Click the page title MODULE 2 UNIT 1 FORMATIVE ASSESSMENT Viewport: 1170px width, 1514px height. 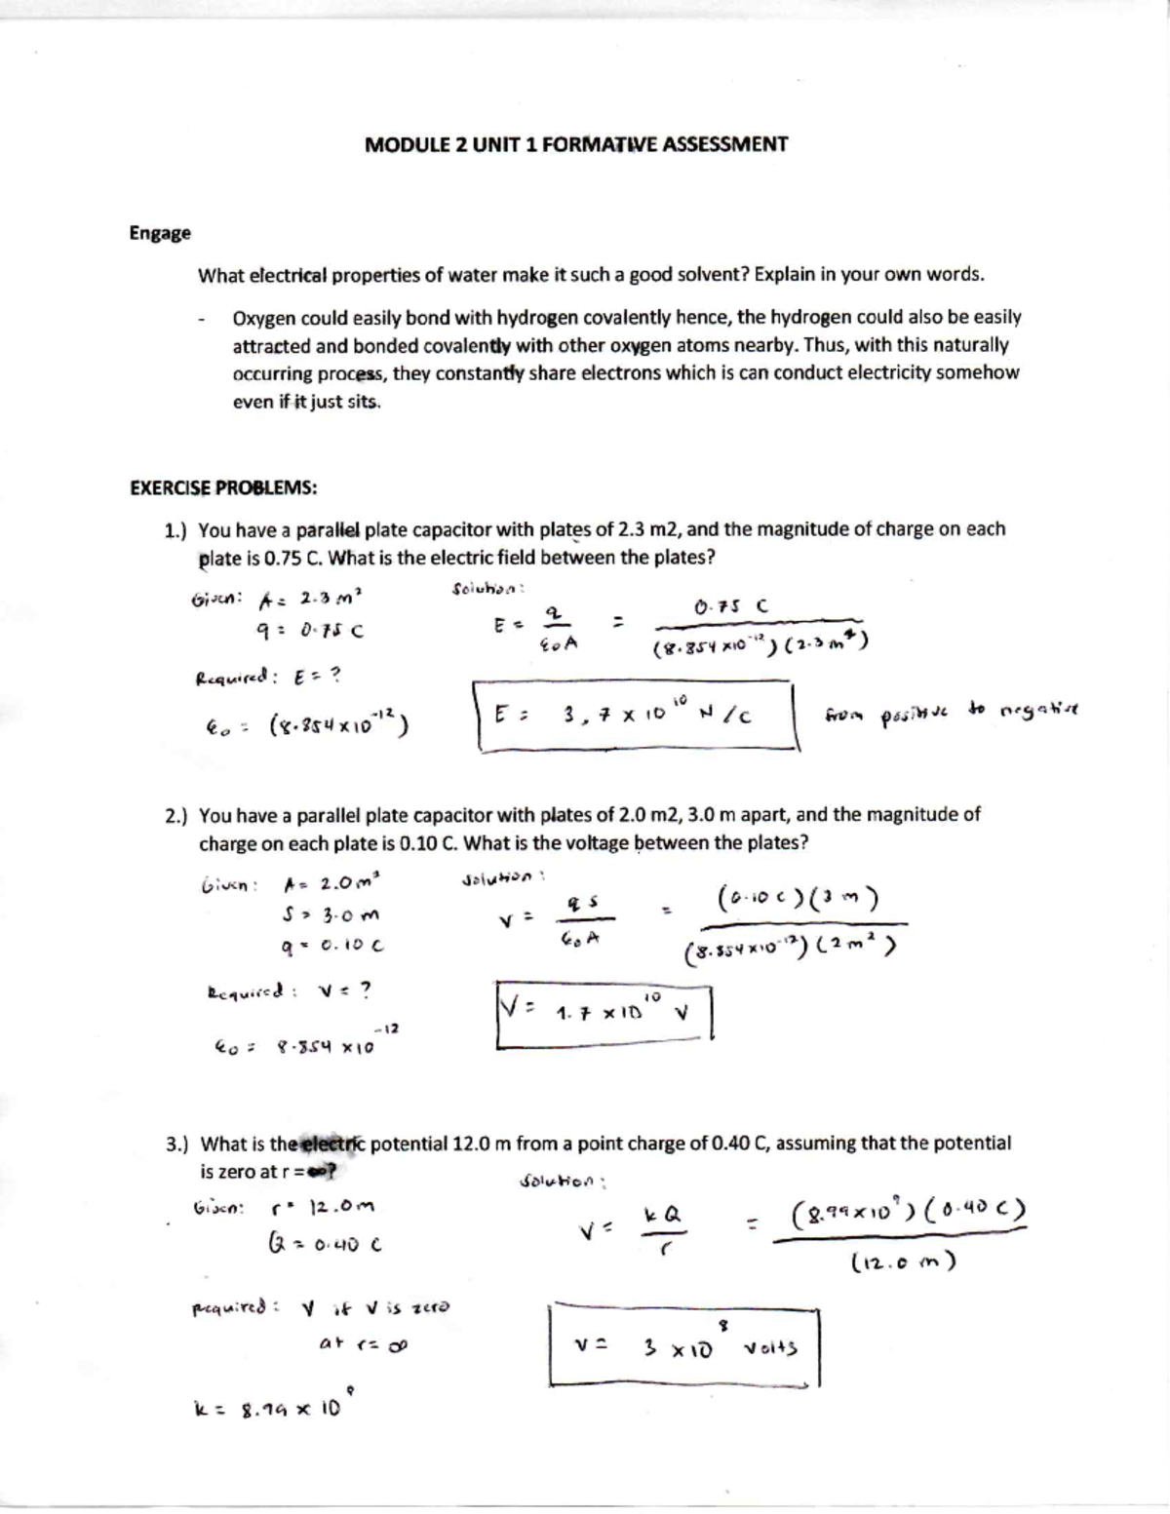575,145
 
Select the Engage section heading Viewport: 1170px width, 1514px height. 160,233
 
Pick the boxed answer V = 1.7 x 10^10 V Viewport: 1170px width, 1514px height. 604,1014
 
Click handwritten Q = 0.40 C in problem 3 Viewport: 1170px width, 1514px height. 323,1244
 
